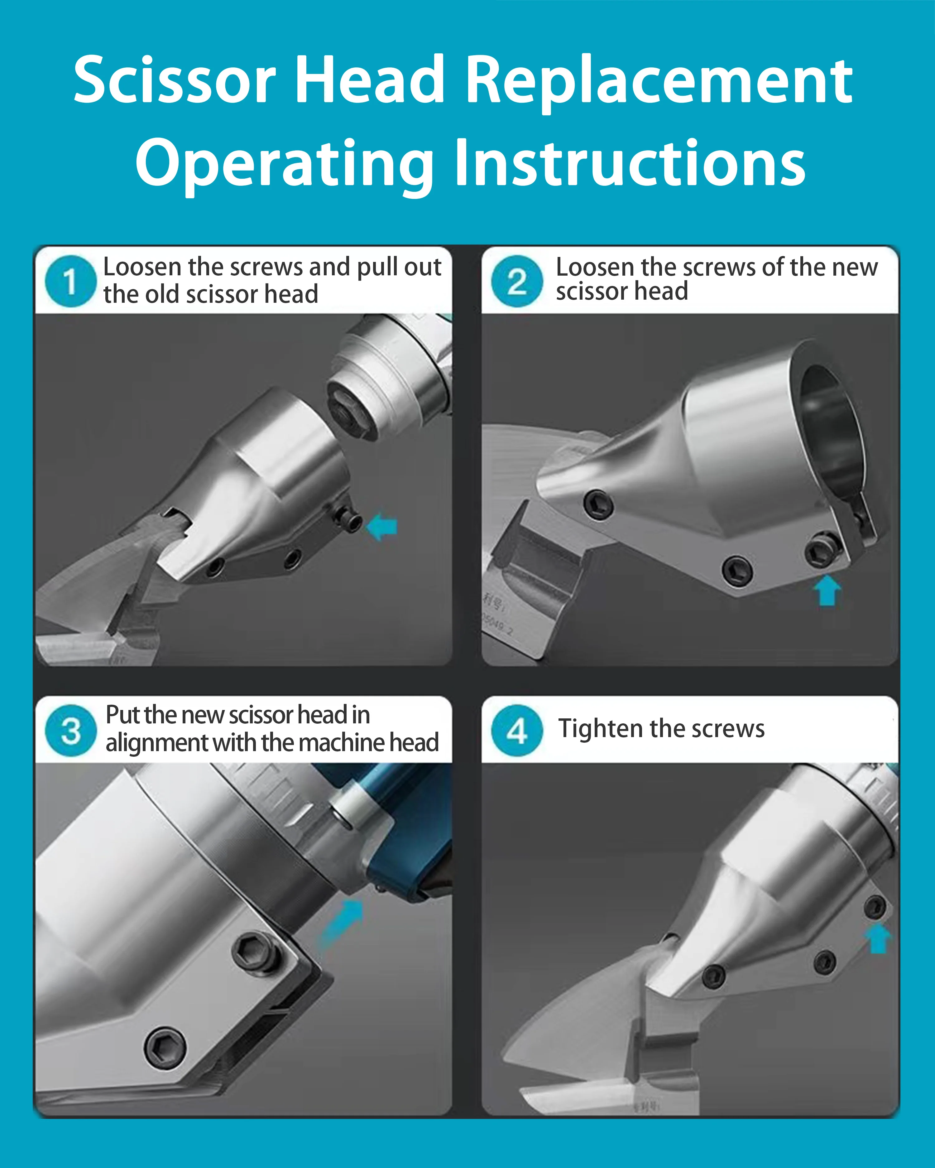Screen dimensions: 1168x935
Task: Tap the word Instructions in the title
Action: [x=630, y=164]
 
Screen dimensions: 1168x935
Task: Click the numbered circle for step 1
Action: [x=70, y=281]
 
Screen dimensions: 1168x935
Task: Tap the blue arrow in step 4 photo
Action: [x=878, y=938]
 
